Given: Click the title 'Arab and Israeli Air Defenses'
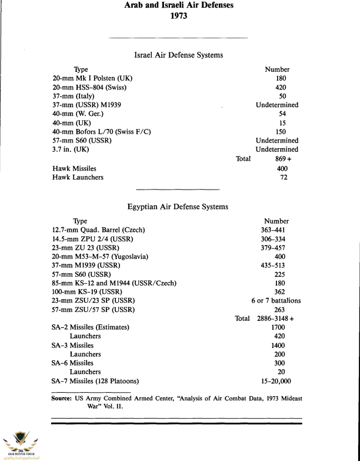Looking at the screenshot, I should point(179,5).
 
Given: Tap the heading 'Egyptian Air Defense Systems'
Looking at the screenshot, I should point(179,207).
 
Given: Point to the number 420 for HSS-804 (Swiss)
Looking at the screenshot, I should point(281,87).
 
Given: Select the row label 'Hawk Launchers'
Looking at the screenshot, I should point(78,177).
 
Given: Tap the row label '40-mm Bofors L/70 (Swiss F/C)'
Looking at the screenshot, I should point(101,131).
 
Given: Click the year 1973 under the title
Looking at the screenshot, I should point(179,17).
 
